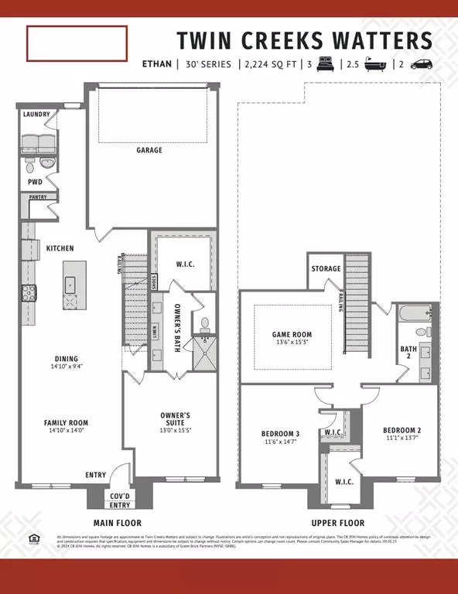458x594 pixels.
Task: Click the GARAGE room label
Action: pos(149,150)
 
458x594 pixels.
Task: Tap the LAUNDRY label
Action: pos(36,114)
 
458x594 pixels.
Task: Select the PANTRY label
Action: pos(38,196)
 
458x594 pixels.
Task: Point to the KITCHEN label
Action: pos(60,248)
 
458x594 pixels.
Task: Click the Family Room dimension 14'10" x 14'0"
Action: pos(66,433)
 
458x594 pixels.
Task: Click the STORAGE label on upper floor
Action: pos(326,268)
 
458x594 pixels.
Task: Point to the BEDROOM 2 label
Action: pos(402,429)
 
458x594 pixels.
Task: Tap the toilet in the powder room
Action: pos(29,165)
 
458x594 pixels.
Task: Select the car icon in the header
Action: pos(422,64)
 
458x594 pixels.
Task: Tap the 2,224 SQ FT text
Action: pos(268,64)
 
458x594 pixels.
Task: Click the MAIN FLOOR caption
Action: pos(118,523)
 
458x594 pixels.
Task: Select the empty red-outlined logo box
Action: pos(77,43)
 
